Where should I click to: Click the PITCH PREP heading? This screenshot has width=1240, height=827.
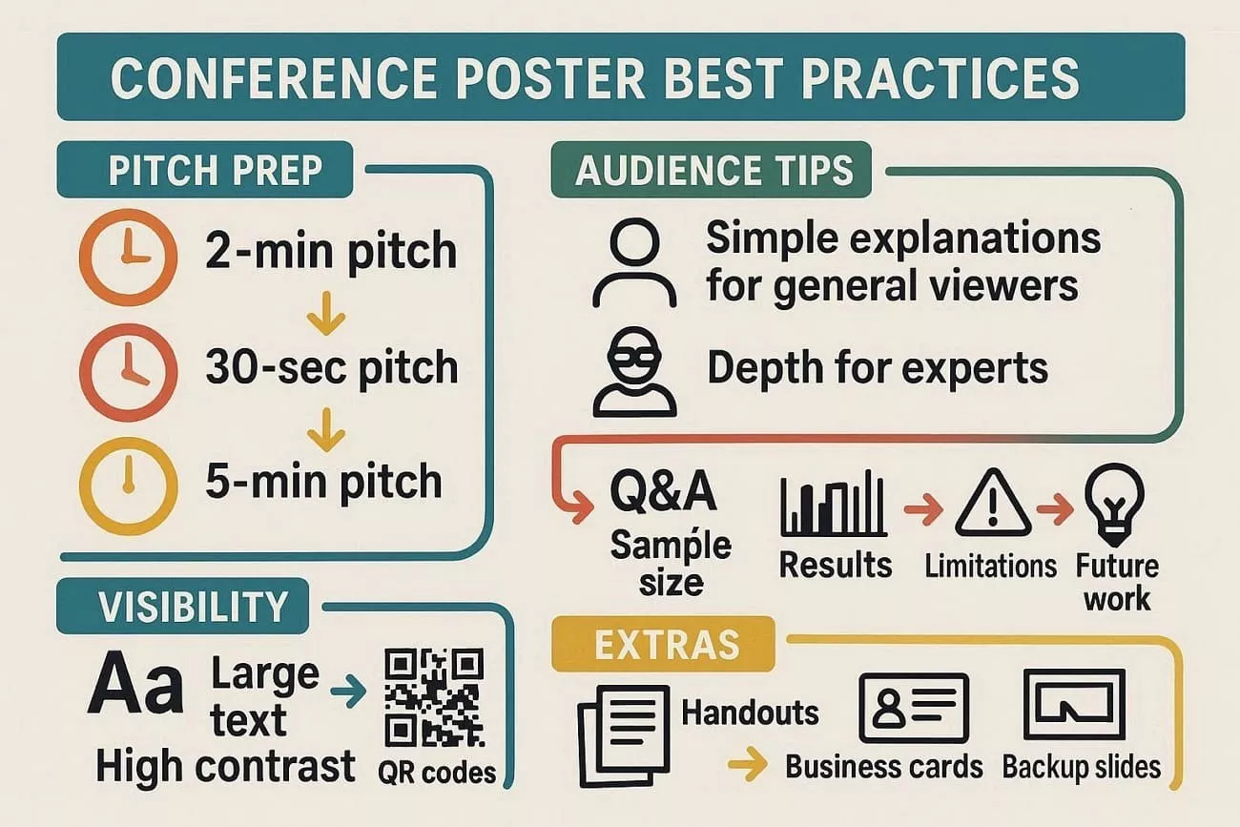click(215, 170)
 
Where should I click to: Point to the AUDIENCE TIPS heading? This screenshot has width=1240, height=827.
click(714, 172)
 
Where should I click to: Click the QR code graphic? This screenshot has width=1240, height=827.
click(433, 698)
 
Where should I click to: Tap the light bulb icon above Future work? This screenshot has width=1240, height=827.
click(1114, 501)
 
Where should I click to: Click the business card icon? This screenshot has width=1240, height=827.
click(913, 708)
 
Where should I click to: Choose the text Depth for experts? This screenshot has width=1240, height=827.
click(877, 368)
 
